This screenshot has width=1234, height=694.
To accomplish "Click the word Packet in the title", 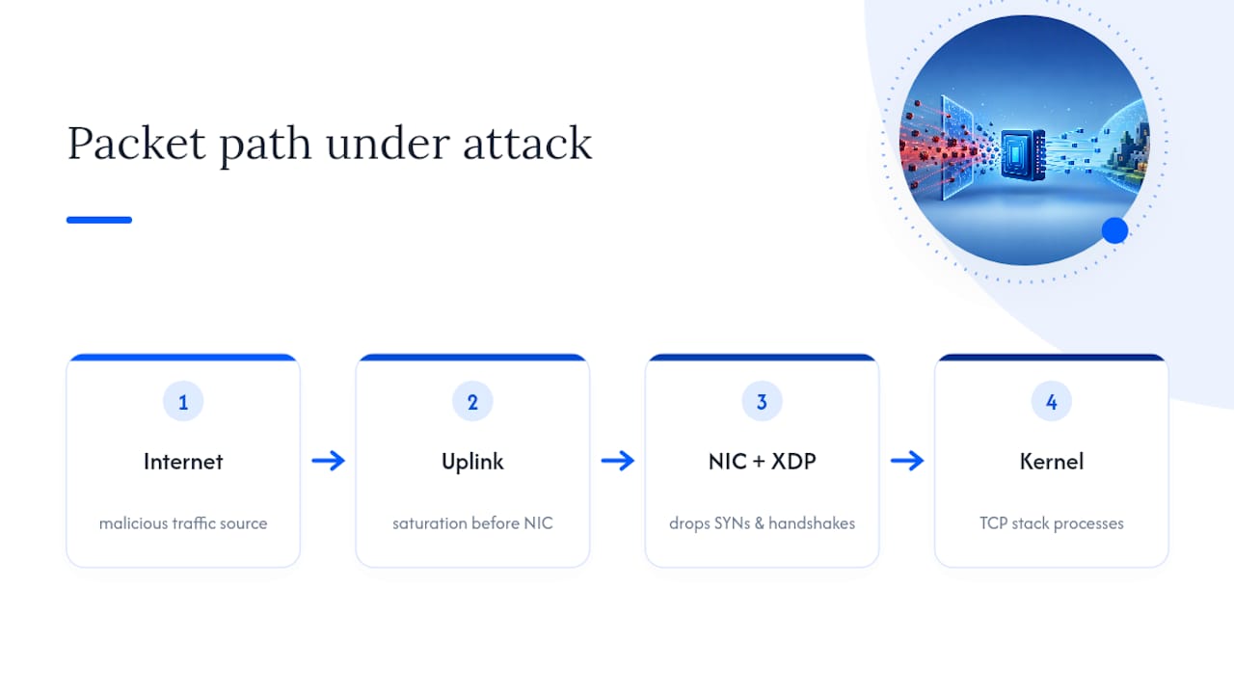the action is [137, 145].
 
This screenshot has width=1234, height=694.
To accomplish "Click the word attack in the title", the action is [527, 145].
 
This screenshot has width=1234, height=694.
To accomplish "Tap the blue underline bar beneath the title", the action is [99, 220].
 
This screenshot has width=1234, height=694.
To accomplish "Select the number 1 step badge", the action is [183, 402].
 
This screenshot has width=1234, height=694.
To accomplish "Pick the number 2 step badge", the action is [472, 402].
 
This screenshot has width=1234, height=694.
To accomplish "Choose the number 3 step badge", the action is [762, 402].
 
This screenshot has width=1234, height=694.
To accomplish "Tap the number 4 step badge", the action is [1052, 402].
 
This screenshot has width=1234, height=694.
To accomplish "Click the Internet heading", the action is [183, 462].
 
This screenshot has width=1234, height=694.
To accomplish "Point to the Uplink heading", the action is [472, 462].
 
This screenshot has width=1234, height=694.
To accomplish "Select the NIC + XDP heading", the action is [762, 462].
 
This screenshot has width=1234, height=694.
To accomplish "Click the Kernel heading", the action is [1052, 462].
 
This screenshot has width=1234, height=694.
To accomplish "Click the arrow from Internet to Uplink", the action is [329, 461].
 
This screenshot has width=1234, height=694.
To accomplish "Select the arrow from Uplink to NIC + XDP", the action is [618, 461].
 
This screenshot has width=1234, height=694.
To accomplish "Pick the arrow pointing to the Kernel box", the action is [907, 461].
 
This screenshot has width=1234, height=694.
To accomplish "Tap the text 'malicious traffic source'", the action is [183, 523].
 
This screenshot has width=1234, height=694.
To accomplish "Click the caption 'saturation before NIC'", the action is [472, 523].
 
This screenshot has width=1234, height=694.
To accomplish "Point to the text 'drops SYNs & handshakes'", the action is [762, 523].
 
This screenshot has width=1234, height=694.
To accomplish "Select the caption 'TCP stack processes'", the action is [1052, 523].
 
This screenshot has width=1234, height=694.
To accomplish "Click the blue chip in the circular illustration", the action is [1023, 155].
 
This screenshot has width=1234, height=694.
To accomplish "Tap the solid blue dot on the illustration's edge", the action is [1115, 230].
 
